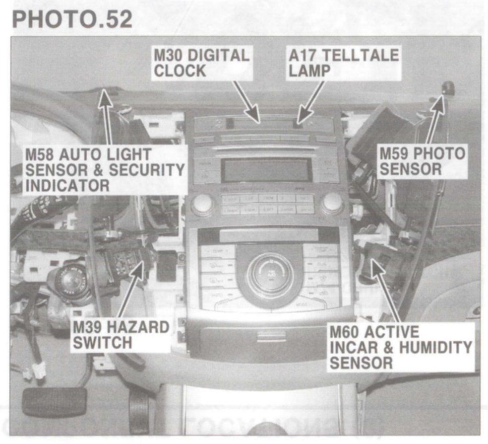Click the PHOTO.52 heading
click(x=72, y=19)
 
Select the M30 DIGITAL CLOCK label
click(x=201, y=63)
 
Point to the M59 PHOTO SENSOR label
click(x=422, y=161)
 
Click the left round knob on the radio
click(x=202, y=204)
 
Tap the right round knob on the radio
click(x=332, y=203)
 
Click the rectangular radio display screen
click(x=266, y=170)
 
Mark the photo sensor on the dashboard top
click(x=448, y=88)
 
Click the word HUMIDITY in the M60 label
click(x=431, y=347)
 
